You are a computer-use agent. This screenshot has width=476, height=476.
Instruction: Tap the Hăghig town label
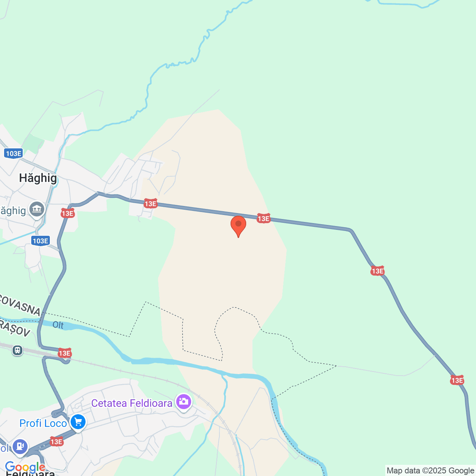[38, 178]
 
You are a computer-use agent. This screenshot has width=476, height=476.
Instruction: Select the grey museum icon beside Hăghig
[37, 209]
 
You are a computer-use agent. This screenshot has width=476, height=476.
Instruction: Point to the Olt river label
[58, 325]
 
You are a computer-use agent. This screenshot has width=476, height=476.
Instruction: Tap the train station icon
[17, 350]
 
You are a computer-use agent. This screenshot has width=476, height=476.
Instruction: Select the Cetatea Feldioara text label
[132, 403]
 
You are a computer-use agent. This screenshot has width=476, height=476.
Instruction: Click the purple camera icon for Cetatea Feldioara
[183, 402]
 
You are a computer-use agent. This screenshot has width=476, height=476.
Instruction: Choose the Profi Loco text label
[43, 423]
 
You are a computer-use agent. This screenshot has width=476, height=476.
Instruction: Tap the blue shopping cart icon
[78, 422]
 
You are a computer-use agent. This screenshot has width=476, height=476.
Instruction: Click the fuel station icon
[20, 446]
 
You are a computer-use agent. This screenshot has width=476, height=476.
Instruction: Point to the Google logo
[25, 467]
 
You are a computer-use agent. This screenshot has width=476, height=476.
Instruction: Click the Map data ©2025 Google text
[430, 470]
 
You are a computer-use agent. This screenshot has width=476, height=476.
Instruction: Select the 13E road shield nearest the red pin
[263, 218]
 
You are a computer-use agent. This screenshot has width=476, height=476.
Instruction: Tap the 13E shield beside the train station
[65, 353]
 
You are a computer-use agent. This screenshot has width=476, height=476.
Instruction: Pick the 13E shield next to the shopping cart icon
[57, 441]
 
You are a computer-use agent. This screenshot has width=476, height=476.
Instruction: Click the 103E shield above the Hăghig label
[14, 153]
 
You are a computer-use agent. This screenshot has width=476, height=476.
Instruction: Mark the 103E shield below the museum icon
[41, 241]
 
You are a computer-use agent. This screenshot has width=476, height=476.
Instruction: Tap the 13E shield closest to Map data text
[457, 380]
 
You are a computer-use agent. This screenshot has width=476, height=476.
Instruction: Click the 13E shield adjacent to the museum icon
[68, 213]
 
